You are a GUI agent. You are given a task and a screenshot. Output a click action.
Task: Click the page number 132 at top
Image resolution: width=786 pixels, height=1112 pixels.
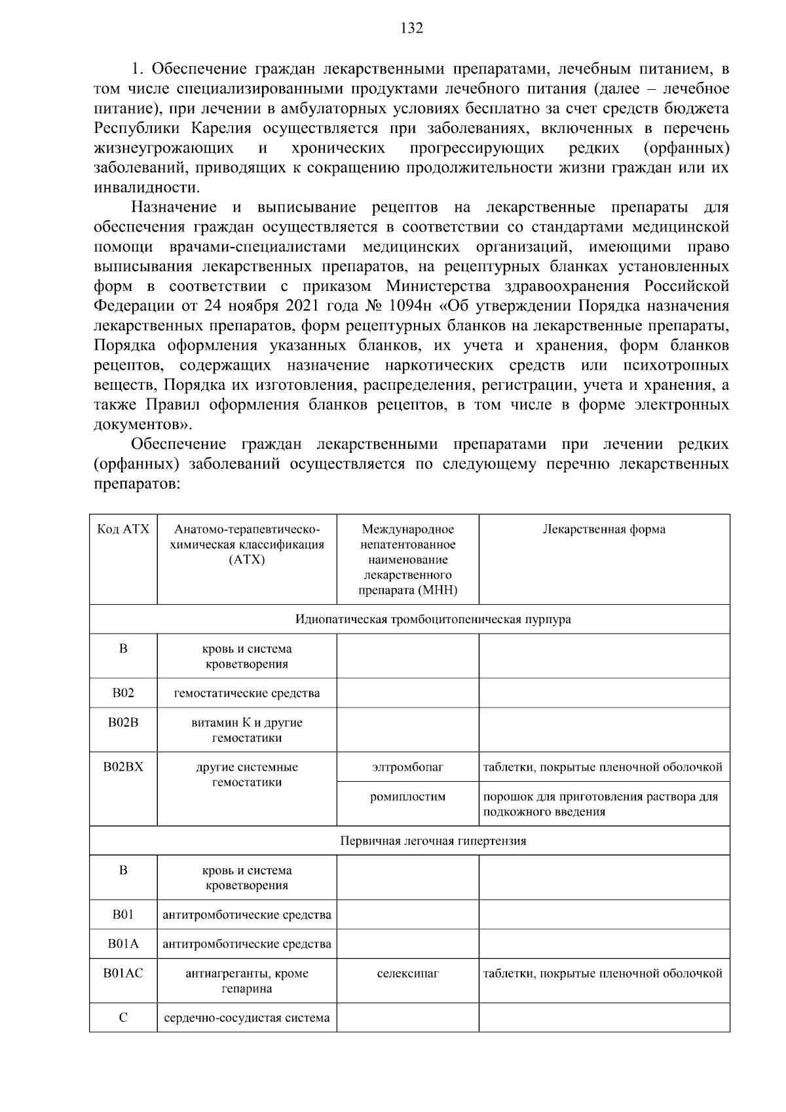(x=411, y=28)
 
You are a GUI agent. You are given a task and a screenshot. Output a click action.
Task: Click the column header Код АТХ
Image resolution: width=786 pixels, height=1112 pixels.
(x=123, y=529)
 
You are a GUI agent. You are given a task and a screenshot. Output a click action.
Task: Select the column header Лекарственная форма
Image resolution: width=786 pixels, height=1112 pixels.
(x=604, y=529)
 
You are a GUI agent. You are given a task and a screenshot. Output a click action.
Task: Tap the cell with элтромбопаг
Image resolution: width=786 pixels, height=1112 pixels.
(x=407, y=767)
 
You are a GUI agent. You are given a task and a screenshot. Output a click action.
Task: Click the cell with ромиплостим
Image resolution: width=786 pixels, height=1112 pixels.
(x=407, y=797)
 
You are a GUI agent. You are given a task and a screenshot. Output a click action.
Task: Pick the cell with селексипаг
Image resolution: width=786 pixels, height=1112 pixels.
(x=407, y=973)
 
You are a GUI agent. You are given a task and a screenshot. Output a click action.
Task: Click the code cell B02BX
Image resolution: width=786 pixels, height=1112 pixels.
(x=123, y=767)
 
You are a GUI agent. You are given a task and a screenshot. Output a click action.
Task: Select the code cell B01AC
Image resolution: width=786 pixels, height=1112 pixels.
(x=123, y=973)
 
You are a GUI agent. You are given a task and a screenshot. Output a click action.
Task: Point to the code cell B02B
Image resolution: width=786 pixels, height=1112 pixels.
(x=123, y=722)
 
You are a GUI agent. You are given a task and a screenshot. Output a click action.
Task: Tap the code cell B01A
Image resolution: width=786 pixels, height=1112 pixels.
(x=123, y=944)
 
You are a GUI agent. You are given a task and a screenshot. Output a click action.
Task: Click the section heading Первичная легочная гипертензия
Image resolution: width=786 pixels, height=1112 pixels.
(x=433, y=841)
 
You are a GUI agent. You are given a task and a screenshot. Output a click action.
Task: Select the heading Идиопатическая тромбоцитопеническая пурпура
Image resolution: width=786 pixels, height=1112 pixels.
(x=433, y=619)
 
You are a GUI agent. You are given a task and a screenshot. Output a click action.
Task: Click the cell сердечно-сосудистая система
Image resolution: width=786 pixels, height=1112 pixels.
(x=246, y=1018)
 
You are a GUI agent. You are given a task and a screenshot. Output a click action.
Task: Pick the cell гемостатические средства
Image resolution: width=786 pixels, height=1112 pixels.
(x=246, y=693)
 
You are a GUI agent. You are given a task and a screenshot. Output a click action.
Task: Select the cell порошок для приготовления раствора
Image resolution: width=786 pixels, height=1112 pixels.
(x=601, y=804)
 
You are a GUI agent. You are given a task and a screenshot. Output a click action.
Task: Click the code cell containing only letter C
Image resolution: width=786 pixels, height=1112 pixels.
(x=123, y=1018)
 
